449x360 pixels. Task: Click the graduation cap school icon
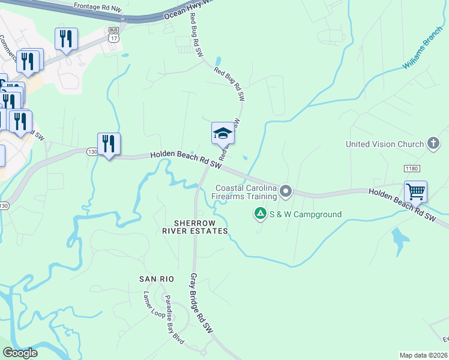223,133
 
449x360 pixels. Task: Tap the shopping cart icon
415,192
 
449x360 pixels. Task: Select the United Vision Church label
385,144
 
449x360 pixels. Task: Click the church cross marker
433,143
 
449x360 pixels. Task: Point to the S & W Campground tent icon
260,214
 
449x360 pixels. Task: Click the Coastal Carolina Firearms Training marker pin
286,192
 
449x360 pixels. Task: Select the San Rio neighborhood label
157,279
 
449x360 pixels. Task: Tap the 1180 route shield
412,169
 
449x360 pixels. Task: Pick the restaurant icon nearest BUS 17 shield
66,39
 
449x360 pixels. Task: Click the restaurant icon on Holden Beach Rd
109,143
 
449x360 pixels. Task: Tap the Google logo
20,353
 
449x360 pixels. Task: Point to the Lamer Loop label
154,307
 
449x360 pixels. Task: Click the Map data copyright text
423,355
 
